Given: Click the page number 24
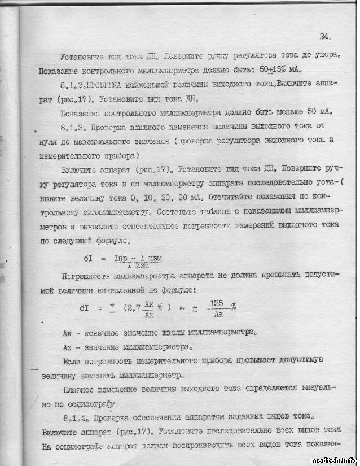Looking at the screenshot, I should pyautogui.click(x=324, y=37).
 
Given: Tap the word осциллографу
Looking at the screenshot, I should pyautogui.click(x=92, y=404).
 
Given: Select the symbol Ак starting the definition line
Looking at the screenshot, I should pyautogui.click(x=67, y=333).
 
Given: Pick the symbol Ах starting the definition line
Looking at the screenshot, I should pyautogui.click(x=67, y=346).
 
